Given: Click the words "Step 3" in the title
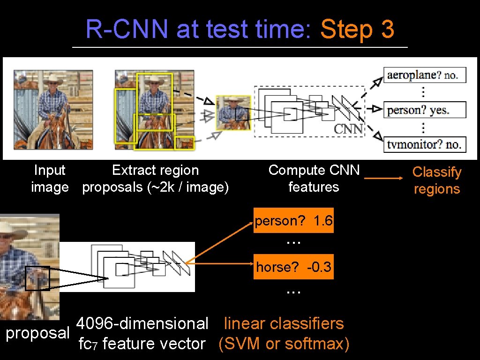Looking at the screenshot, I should tap(357, 30).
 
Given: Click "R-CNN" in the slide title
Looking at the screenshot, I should tap(127, 30).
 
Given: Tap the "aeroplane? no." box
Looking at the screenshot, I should tap(425, 75).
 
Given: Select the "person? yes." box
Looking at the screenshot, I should tap(425, 110).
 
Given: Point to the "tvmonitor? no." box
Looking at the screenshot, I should tap(425, 144).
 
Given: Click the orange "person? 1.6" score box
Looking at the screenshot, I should tap(294, 220).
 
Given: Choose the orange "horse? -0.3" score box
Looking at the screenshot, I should tap(294, 267).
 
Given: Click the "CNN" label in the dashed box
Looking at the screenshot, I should tap(348, 128).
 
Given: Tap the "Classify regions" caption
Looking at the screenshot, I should tap(436, 180).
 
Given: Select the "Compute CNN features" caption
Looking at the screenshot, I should tap(314, 179).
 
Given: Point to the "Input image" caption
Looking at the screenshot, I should tap(50, 179).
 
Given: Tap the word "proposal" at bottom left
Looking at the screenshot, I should tap(37, 333).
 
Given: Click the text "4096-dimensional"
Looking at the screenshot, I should tap(142, 323).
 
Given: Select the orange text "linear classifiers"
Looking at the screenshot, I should tap(284, 323).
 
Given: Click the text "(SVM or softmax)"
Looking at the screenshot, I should tap(284, 344).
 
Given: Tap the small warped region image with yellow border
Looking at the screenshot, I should tap(233, 112).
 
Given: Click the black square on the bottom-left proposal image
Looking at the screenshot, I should tap(37, 278).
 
